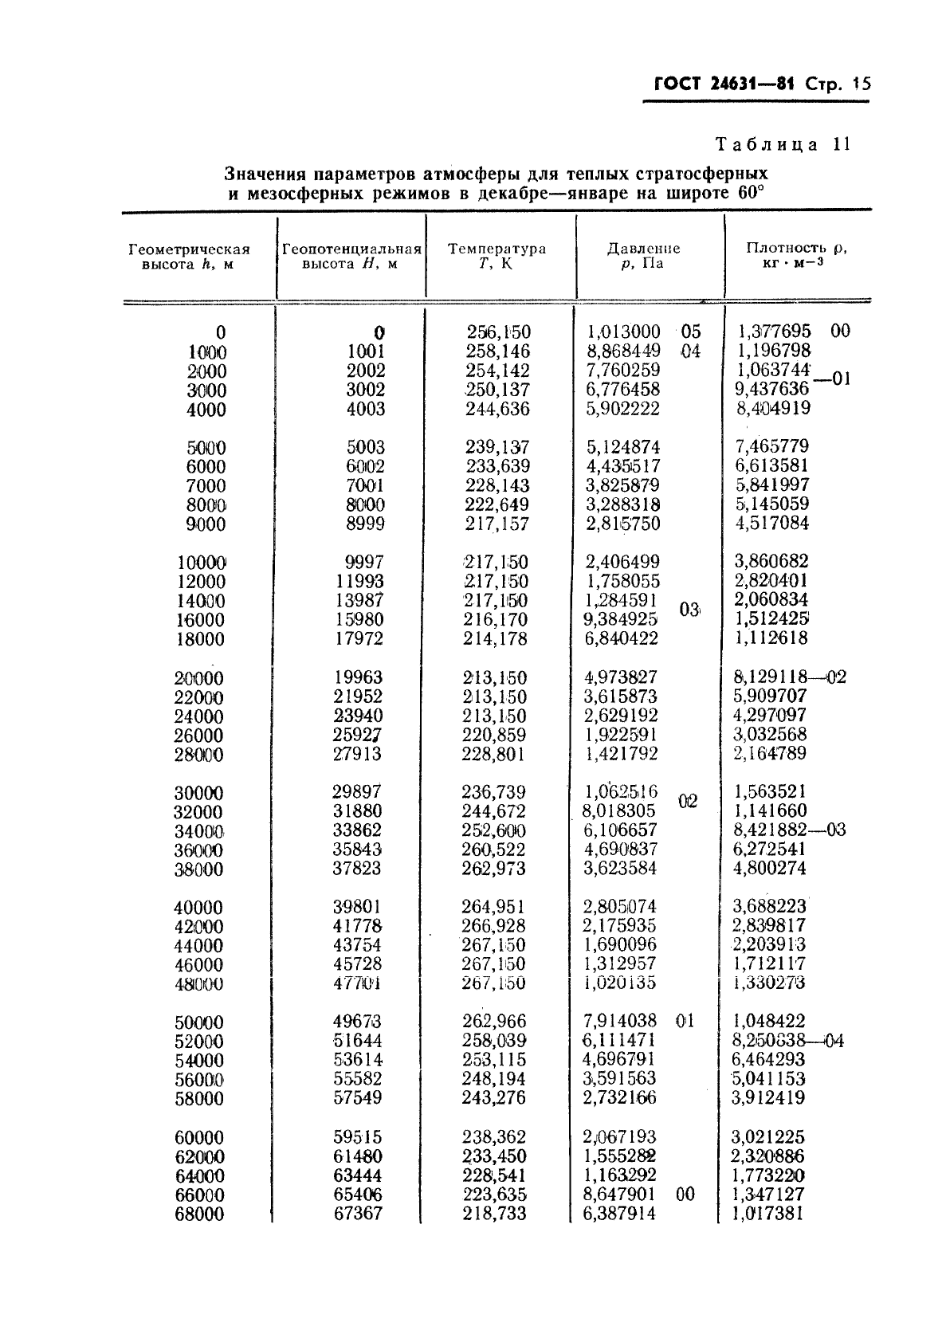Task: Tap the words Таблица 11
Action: click(783, 144)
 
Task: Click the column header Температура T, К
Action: click(497, 256)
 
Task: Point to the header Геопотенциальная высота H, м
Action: click(351, 256)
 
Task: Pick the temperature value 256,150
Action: click(498, 332)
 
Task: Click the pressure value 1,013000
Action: click(623, 332)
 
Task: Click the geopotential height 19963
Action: click(358, 677)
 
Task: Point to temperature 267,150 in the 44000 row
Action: click(493, 945)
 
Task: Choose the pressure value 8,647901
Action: click(620, 1195)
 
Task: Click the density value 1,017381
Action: click(768, 1214)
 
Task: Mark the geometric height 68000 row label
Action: click(198, 1214)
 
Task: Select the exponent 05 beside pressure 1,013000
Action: click(690, 332)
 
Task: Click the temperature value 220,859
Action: click(493, 735)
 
